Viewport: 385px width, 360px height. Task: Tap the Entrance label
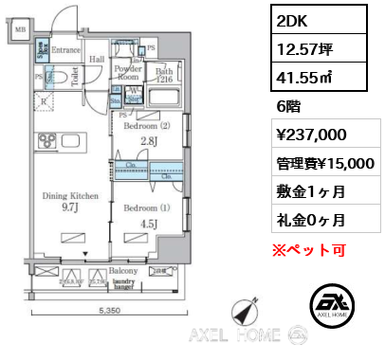coord(66,48)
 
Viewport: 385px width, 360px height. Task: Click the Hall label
coord(98,58)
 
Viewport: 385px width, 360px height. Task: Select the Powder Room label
coord(128,74)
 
